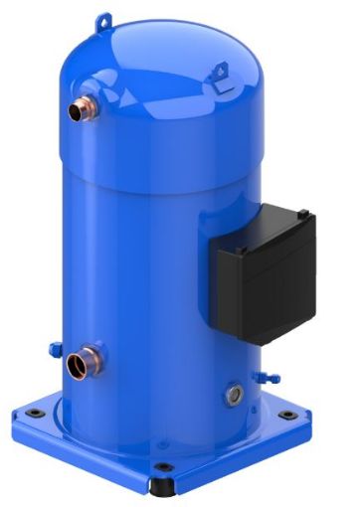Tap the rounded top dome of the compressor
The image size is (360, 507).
(159, 60)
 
